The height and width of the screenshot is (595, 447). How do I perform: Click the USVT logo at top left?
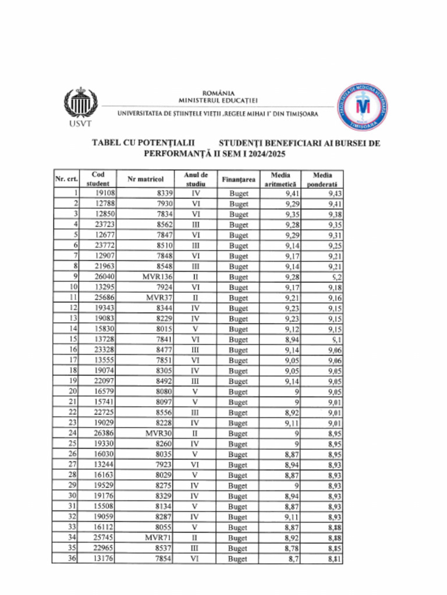click(x=76, y=107)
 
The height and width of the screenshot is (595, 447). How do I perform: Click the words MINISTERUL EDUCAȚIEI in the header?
click(x=218, y=100)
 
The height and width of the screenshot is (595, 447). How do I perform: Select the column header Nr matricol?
click(x=146, y=180)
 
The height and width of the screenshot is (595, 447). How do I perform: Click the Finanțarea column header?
click(x=238, y=180)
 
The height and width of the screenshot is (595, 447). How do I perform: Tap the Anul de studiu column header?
click(x=196, y=180)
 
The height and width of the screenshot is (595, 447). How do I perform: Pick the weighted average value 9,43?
click(x=334, y=193)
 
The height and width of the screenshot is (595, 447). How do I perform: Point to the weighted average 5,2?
click(x=336, y=277)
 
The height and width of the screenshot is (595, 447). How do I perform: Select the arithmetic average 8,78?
click(x=292, y=549)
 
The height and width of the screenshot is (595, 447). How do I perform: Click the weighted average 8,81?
click(x=334, y=559)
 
